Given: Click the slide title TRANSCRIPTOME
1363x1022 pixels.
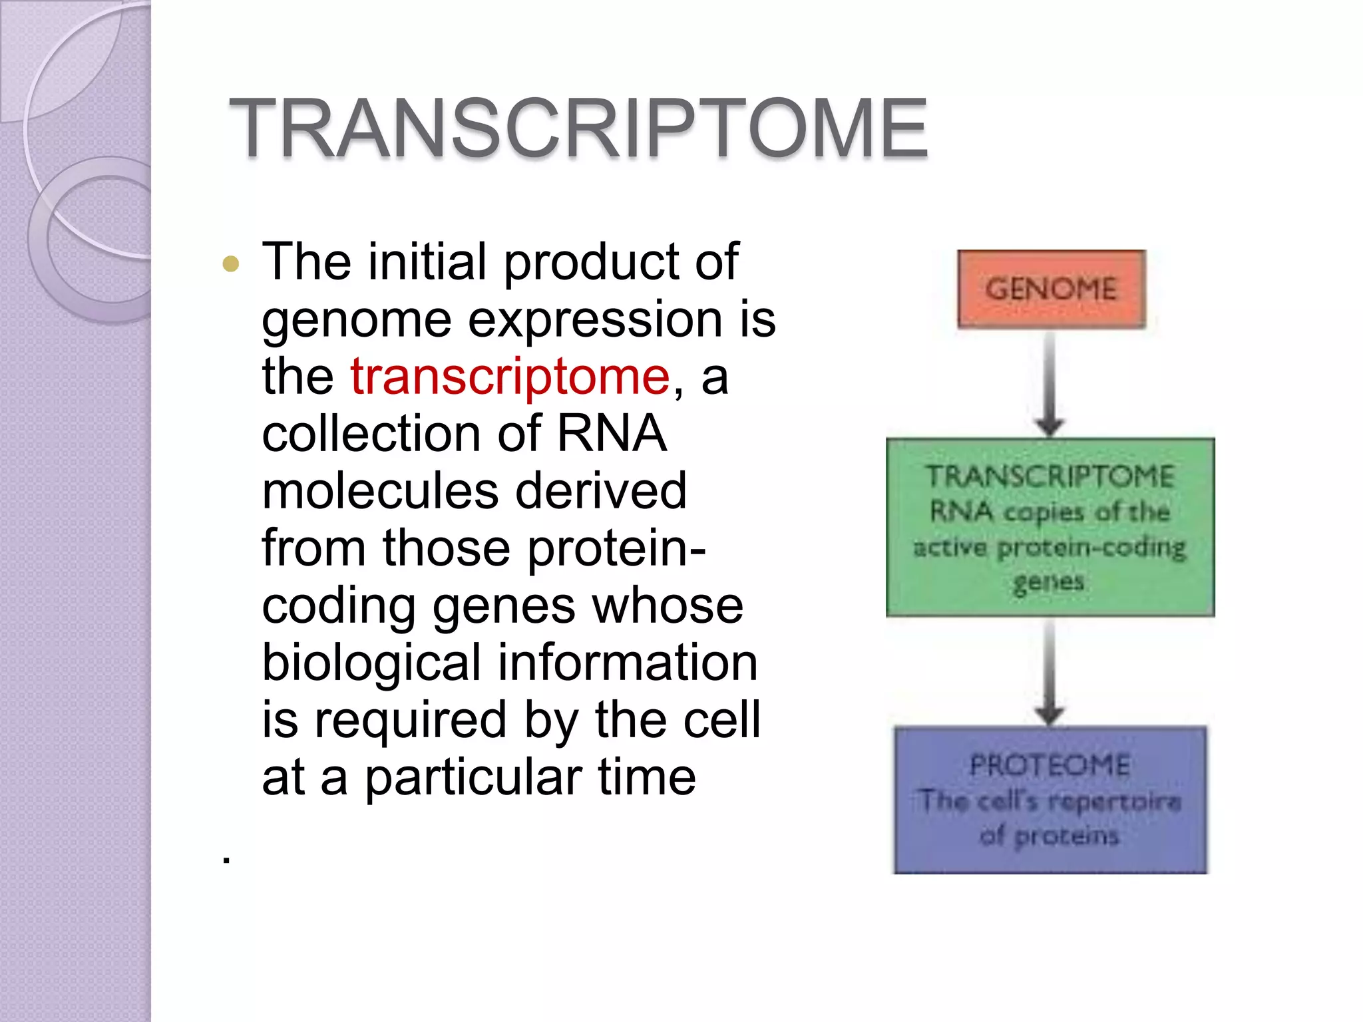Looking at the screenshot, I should click(578, 128).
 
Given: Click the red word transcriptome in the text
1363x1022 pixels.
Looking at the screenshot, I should click(510, 377).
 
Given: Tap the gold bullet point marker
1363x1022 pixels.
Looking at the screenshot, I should click(231, 264).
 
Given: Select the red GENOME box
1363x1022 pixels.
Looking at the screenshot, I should click(1051, 289).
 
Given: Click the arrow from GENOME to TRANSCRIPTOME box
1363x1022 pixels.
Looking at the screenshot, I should click(1050, 383).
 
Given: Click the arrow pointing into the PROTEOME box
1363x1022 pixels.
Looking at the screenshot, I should click(1050, 672).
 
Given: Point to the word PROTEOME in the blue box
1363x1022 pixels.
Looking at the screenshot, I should click(1050, 765).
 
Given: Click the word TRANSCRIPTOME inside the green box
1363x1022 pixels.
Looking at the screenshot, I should click(1050, 476).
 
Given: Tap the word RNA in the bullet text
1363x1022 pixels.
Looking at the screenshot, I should click(611, 434).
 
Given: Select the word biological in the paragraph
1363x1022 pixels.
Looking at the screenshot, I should click(371, 663).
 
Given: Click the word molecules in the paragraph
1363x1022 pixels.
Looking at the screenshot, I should click(380, 491).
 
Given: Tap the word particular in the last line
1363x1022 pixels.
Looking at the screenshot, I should click(473, 778).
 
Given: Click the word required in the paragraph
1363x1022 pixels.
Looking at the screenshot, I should click(411, 721).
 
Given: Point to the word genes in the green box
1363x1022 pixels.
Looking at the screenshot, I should click(1048, 582).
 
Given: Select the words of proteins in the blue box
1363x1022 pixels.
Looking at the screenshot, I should click(1050, 836).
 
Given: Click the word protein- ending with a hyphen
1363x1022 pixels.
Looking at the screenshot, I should click(616, 549).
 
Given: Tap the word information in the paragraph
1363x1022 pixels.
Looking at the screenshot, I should click(628, 663).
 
